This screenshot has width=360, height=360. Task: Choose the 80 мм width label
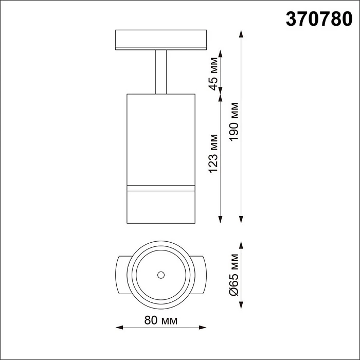[x=160, y=320]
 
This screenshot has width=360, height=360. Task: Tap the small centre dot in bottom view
[x=160, y=274]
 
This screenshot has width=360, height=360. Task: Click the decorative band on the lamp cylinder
[x=160, y=187]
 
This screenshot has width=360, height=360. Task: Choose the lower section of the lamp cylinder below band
[x=160, y=207]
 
